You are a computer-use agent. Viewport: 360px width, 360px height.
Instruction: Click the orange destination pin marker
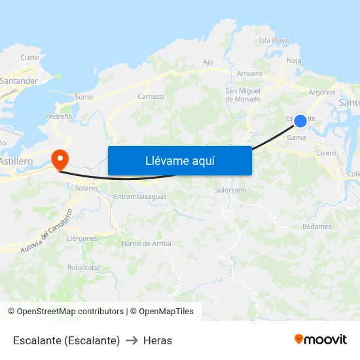(59, 158)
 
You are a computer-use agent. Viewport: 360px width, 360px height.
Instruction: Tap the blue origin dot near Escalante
(300, 121)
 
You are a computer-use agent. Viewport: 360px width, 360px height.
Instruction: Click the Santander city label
(19, 81)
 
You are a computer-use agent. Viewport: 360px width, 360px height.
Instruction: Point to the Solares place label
(86, 188)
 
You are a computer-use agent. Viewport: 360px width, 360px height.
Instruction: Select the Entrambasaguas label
(140, 196)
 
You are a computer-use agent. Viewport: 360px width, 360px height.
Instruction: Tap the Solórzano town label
(230, 190)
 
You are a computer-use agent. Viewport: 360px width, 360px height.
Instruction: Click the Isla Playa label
(274, 41)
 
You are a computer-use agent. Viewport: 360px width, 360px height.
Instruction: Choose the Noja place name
(294, 61)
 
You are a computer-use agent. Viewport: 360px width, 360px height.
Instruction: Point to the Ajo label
(208, 62)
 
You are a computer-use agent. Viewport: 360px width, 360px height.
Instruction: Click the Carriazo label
(151, 96)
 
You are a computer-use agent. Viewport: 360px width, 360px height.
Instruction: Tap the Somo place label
(84, 97)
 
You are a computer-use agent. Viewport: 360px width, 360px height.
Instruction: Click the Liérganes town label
(82, 238)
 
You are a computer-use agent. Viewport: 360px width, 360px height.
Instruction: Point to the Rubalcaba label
(83, 267)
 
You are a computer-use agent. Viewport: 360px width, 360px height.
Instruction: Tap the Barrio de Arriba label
(146, 243)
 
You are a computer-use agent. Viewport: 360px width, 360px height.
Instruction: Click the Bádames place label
(317, 226)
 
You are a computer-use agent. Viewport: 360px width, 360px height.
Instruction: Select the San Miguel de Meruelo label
(243, 95)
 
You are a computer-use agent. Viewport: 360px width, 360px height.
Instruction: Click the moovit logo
(321, 340)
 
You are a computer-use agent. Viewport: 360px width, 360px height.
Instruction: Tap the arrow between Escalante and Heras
(132, 340)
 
